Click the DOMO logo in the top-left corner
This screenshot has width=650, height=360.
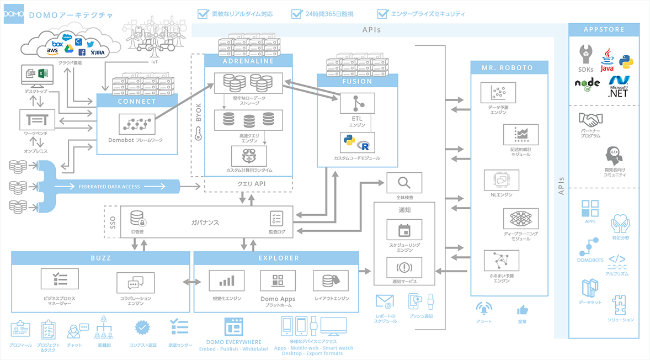tap(13, 15)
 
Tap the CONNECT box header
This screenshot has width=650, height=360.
tap(136, 101)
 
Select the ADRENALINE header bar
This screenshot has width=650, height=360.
tap(248, 61)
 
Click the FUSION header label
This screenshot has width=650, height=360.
tap(357, 81)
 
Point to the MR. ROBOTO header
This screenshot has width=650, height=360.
tap(509, 67)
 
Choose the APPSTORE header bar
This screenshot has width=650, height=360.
tap(604, 30)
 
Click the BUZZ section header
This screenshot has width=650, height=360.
tap(100, 258)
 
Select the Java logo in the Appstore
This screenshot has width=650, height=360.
tap(606, 60)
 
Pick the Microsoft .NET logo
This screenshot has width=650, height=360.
tap(619, 87)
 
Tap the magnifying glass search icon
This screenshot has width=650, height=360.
tap(404, 183)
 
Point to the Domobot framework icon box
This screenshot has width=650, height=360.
tap(136, 125)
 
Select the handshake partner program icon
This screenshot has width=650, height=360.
tap(590, 119)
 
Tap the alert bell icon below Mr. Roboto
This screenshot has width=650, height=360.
tap(484, 308)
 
